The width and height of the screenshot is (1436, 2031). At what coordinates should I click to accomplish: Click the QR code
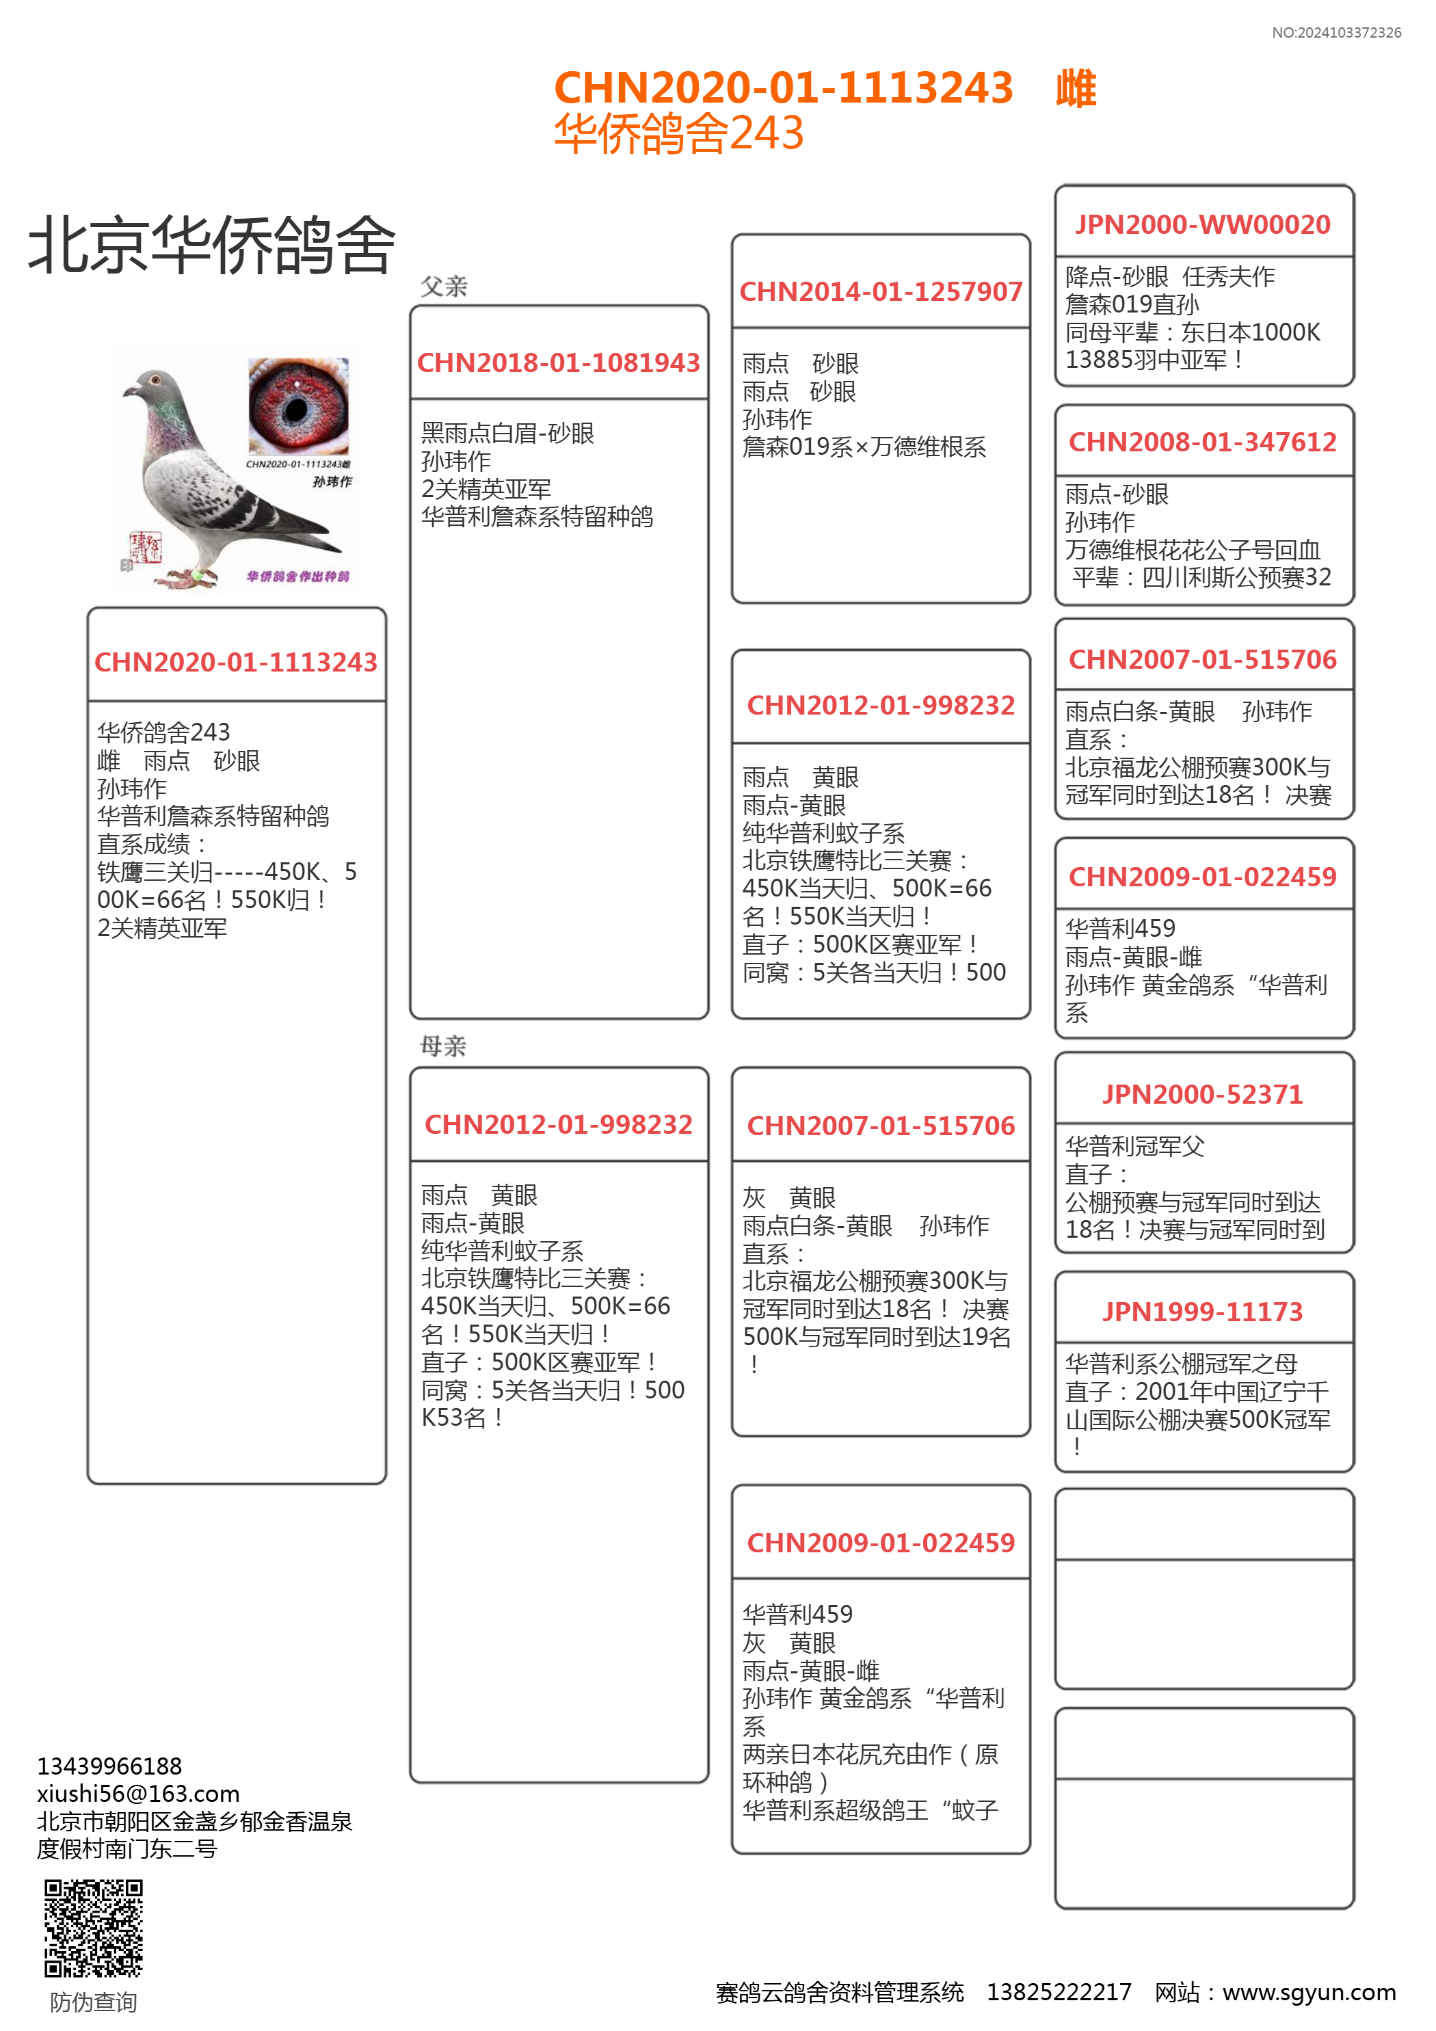(94, 1928)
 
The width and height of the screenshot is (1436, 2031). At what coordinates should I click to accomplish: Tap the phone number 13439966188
(109, 1766)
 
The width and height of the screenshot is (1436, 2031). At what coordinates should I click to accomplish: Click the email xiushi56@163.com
(138, 1794)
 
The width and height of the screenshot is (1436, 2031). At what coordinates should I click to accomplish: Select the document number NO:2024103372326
(1336, 33)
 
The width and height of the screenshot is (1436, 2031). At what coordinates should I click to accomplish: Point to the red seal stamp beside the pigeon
(145, 548)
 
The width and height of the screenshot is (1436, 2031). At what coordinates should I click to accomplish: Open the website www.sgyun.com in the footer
(1309, 1992)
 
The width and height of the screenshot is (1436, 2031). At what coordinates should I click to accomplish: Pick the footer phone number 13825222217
(1059, 1992)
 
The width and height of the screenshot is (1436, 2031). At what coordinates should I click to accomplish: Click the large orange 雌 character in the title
(1076, 88)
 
